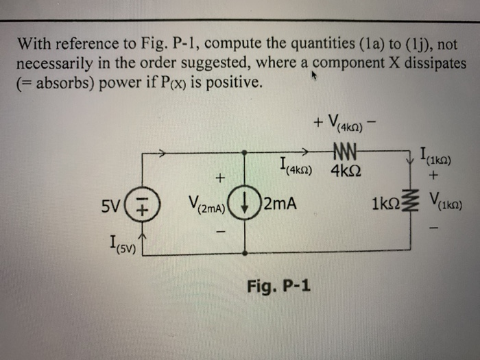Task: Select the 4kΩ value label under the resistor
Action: (346, 169)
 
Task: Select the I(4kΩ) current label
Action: (298, 167)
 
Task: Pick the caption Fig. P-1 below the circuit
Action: (277, 284)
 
